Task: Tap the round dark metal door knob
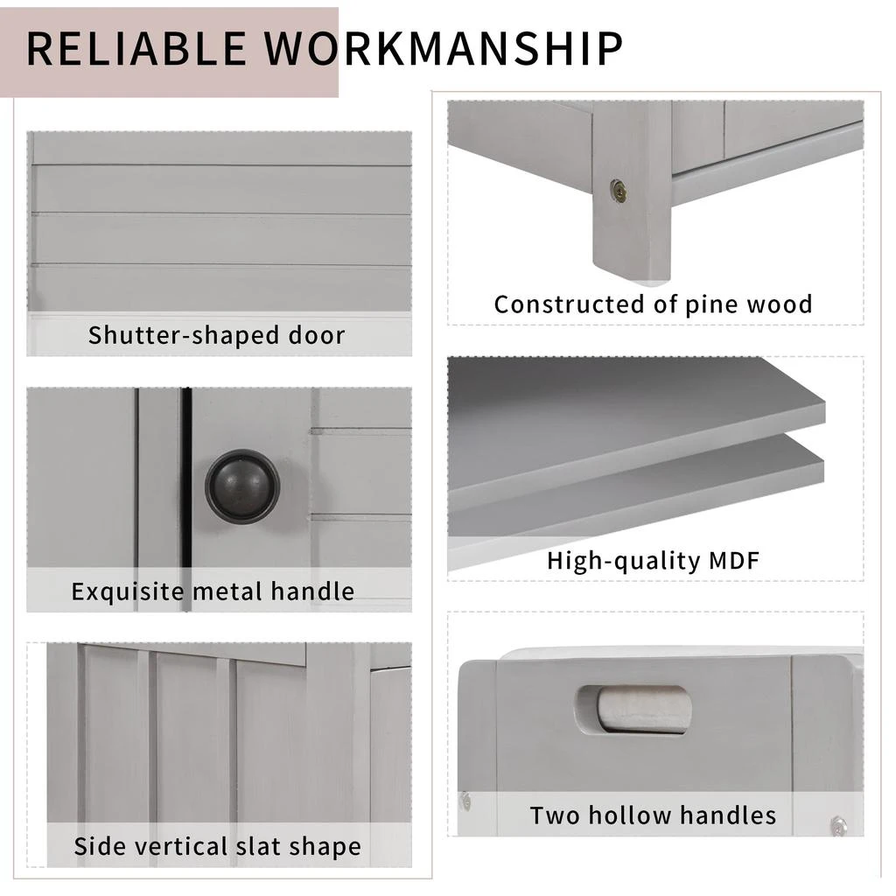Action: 242,486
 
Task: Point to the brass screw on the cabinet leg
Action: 619,192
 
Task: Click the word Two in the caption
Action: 556,815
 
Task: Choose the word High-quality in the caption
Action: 618,560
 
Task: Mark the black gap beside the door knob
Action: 186,490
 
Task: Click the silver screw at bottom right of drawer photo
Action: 838,824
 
